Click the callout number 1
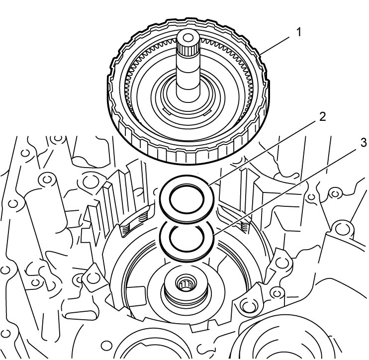point(298,32)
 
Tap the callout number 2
point(322,117)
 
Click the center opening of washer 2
point(186,199)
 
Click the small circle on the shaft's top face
point(187,38)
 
